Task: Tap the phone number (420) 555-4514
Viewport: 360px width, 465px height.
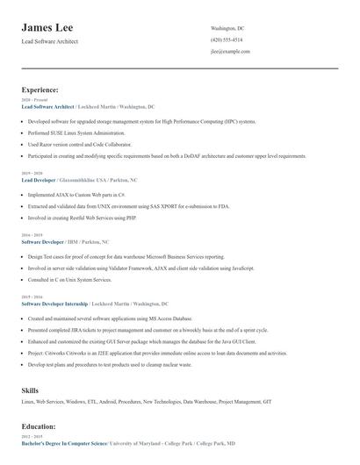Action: [x=227, y=40]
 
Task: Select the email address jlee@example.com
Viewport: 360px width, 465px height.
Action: [x=231, y=52]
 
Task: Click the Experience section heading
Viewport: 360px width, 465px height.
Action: [x=40, y=89]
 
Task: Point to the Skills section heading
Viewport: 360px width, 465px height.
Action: [x=31, y=390]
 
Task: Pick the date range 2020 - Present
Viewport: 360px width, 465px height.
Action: [x=32, y=100]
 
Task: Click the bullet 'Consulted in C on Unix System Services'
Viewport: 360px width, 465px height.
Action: [x=69, y=279]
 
